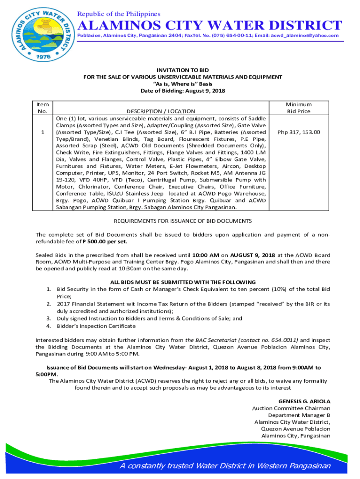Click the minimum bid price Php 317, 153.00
tap(299, 132)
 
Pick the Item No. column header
tap(43, 108)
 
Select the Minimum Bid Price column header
tap(299, 108)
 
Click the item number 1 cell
tap(43, 132)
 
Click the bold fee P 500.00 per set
tap(105, 242)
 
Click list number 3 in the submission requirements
tap(48, 318)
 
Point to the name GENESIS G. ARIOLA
tap(304, 401)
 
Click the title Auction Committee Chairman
tap(291, 408)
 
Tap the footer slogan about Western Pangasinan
tap(224, 465)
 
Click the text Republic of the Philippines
tap(119, 14)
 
